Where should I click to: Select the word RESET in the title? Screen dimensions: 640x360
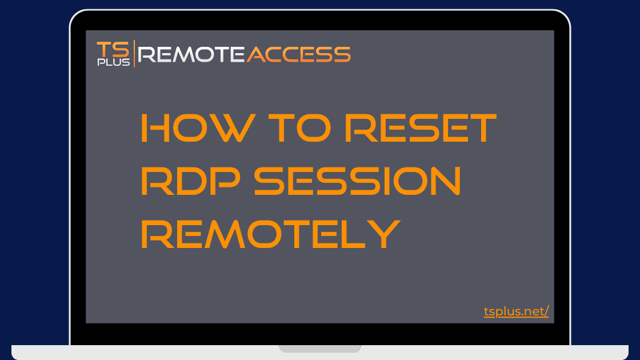click(x=421, y=128)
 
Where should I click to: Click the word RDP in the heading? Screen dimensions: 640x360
click(x=191, y=181)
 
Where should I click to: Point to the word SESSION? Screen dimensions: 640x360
click(x=358, y=181)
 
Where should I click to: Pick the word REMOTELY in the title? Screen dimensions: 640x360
click(x=271, y=234)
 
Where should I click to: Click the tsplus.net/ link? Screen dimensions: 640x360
click(x=517, y=311)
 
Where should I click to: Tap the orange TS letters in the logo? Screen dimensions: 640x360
click(x=113, y=50)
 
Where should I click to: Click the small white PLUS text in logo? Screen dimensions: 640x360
click(x=114, y=62)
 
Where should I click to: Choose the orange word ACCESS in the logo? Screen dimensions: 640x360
click(x=298, y=55)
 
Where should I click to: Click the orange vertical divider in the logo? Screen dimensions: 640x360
click(x=134, y=54)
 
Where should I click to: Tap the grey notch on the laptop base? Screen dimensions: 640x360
click(x=320, y=349)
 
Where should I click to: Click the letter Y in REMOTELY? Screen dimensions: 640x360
click(x=383, y=234)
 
